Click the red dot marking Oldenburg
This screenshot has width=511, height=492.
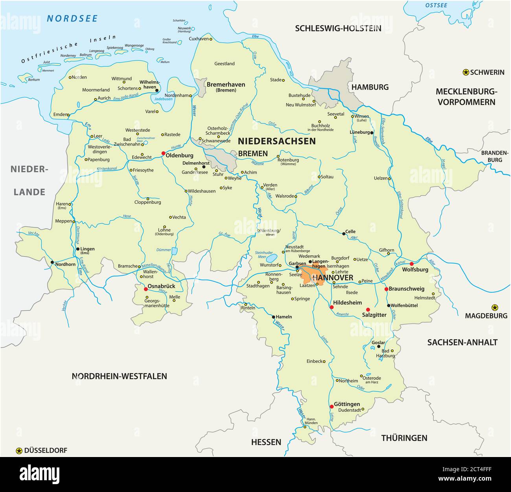point(163,153)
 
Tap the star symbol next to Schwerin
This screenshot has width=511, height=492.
point(466,72)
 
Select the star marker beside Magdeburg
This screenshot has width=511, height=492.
point(495,307)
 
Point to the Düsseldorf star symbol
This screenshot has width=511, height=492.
point(19,451)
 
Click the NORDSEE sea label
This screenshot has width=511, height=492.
point(72,18)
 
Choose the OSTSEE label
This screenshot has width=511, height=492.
point(436,5)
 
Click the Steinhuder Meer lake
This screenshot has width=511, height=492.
point(271,258)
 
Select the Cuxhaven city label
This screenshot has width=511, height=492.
point(199,39)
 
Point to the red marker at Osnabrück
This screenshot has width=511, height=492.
point(145,289)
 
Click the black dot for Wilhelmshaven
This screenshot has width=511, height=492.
point(157,90)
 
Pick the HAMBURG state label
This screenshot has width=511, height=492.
point(369,87)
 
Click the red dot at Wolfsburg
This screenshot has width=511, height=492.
point(412,264)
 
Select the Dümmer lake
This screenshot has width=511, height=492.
point(175,251)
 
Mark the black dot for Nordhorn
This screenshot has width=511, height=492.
point(52,262)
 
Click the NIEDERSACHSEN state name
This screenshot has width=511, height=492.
point(276,141)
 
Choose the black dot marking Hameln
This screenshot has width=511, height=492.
point(274,317)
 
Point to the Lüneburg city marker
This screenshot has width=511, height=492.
point(371,133)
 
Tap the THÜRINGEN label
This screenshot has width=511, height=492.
point(404,438)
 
